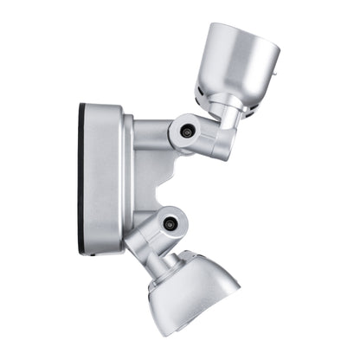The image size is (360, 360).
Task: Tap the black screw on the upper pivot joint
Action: click(185, 132)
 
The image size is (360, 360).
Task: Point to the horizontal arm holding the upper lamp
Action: click(152, 135)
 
